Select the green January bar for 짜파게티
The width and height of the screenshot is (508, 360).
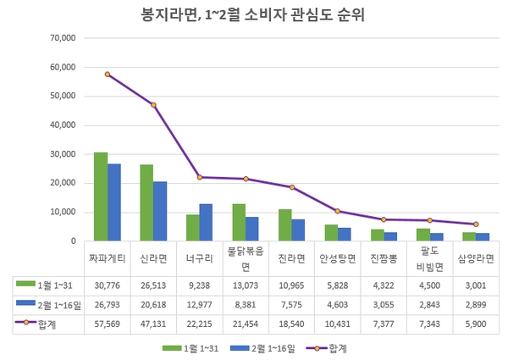click(101, 197)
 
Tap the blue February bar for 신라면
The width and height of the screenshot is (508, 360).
click(160, 211)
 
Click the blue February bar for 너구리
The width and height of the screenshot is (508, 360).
click(206, 222)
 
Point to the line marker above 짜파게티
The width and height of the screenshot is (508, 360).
click(108, 75)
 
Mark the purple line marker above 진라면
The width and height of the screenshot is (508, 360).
click(292, 187)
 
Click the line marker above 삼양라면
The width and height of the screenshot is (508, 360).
click(476, 224)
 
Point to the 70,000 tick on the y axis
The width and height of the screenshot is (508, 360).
click(63, 38)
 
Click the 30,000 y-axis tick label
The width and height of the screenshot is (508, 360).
click(63, 154)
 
